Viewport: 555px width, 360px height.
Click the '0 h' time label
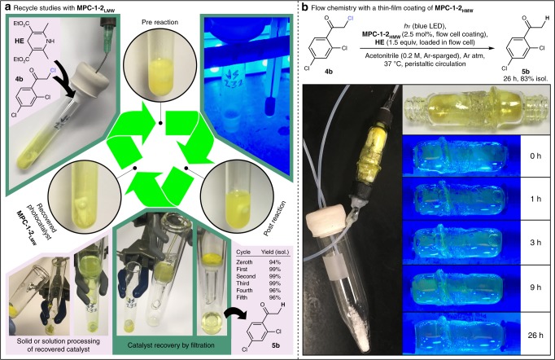tap(535, 156)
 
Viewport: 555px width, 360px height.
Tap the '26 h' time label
tap(535, 335)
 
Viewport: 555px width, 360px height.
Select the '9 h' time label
tap(535, 287)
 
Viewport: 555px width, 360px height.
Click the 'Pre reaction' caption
tap(160, 22)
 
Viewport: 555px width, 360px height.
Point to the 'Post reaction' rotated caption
tap(275, 218)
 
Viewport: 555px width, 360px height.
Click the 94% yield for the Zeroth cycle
tap(275, 262)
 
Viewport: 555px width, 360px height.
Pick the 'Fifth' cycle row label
tap(243, 297)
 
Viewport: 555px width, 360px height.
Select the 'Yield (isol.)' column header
tap(275, 252)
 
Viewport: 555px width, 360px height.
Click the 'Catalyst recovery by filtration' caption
tap(171, 345)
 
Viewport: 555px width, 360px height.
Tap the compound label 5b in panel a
tap(274, 345)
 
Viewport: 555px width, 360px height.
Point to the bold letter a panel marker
tap(7, 7)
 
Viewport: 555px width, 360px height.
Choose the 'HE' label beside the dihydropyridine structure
tap(20, 41)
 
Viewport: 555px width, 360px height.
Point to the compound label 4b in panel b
tap(329, 72)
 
